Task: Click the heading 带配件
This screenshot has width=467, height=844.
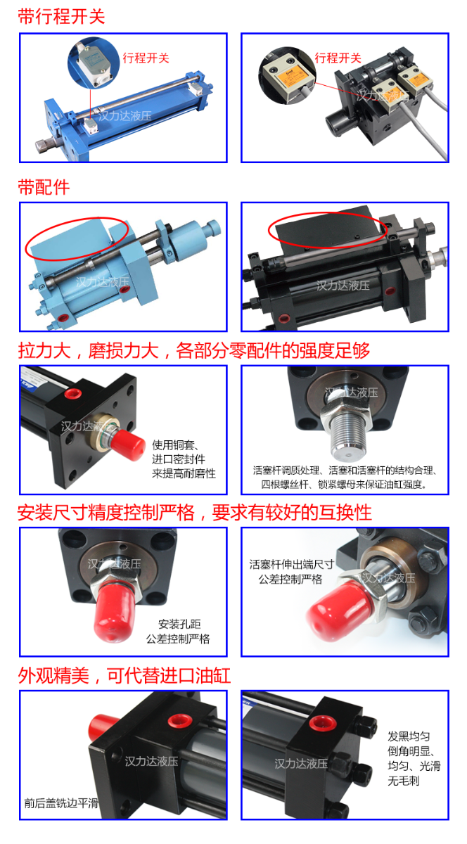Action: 44,187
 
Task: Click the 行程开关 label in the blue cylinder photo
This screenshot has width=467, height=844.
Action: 146,58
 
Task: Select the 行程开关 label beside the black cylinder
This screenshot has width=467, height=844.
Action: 338,58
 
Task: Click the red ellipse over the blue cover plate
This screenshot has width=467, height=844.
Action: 77,237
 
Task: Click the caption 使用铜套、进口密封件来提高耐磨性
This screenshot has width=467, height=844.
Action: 184,459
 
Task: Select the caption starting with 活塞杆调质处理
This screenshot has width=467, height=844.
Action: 345,478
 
